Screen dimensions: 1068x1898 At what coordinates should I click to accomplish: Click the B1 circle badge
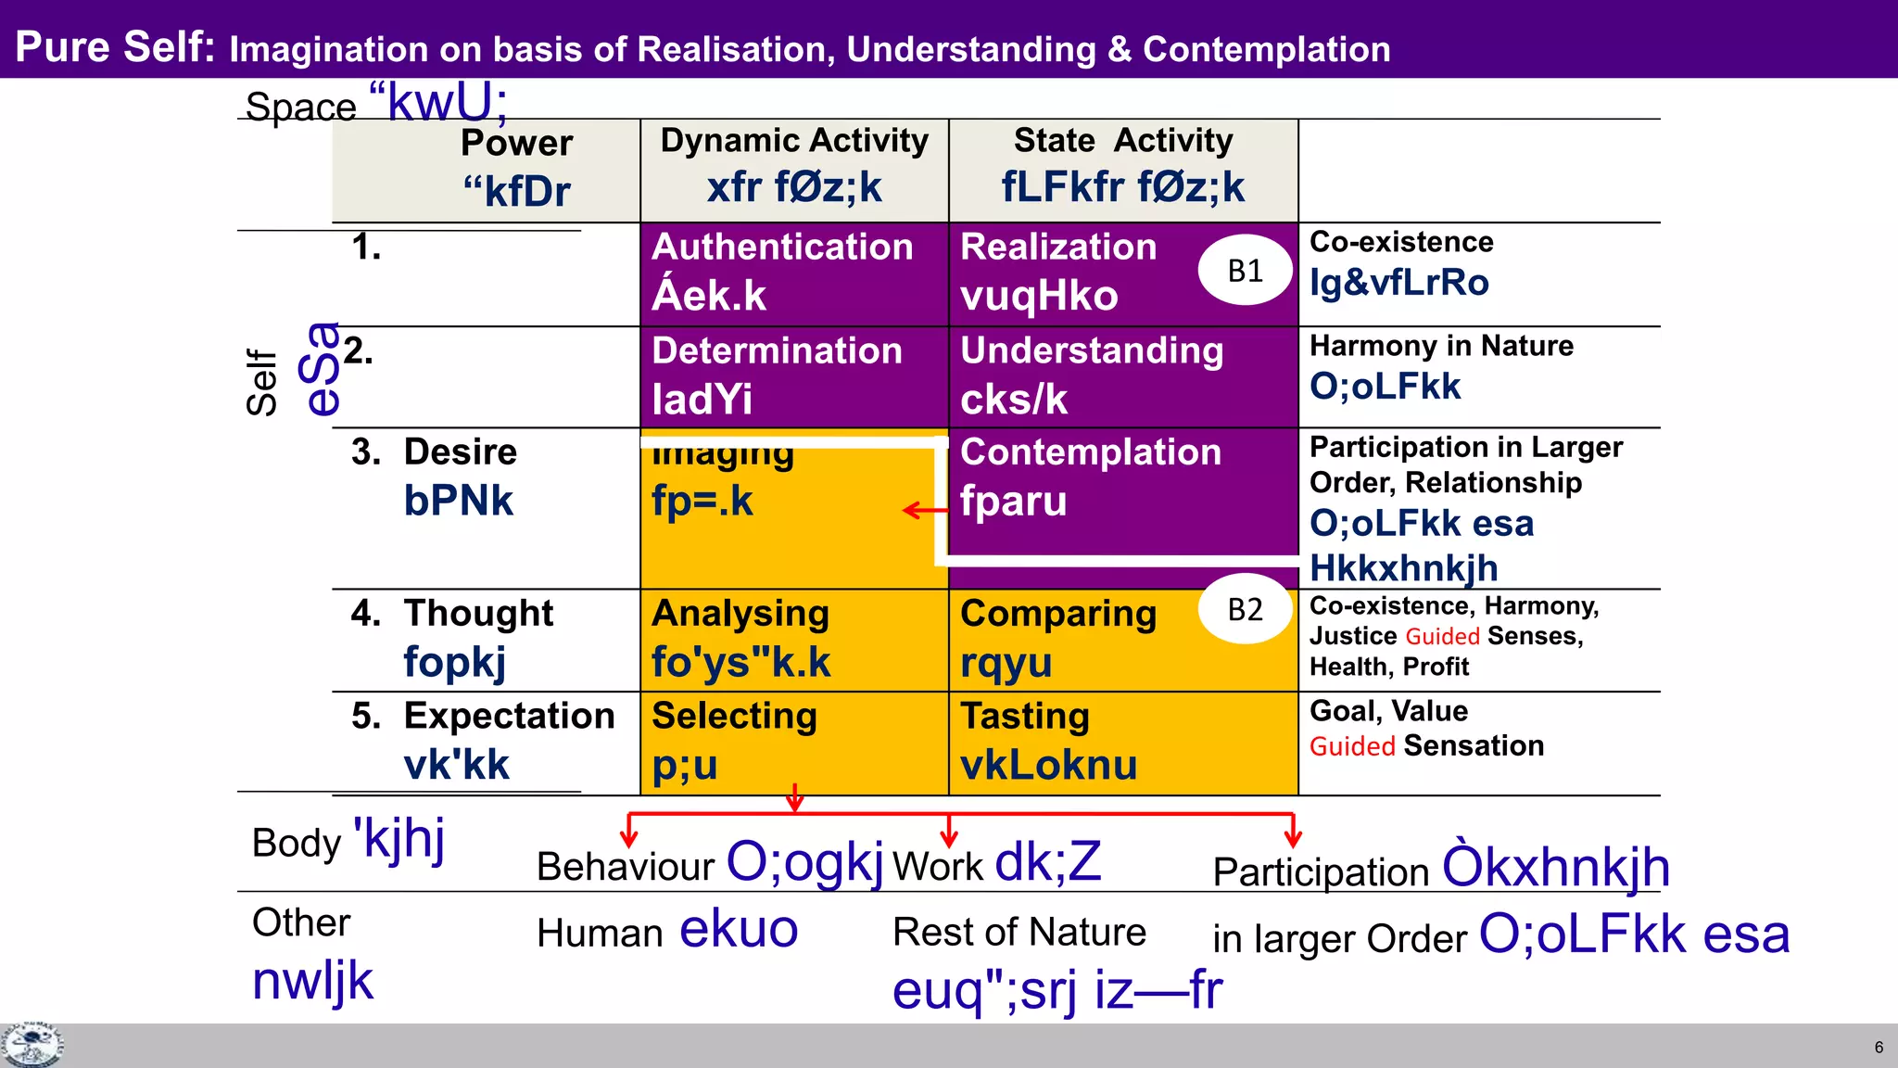(1245, 271)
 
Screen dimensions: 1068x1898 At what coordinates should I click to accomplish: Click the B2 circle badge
(1245, 609)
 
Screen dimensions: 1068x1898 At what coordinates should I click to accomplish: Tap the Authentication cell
(793, 273)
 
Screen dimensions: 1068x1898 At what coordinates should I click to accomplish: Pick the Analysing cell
(793, 639)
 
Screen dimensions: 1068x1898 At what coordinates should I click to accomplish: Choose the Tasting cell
(1121, 742)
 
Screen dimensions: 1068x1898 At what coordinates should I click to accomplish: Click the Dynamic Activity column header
(793, 167)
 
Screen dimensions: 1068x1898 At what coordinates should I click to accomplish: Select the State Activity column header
(1122, 167)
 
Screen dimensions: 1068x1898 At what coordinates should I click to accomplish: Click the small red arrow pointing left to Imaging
(921, 511)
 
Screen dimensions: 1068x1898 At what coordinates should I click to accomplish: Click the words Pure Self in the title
(115, 46)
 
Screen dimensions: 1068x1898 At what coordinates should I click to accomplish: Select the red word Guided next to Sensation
(1351, 747)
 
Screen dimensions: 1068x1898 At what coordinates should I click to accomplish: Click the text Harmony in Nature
(1441, 346)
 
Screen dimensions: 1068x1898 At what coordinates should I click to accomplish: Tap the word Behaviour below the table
(625, 868)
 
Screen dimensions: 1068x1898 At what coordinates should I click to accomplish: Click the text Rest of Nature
(1019, 933)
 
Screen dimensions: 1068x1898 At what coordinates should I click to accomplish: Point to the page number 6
(1879, 1048)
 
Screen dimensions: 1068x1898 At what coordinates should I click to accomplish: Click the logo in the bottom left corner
(32, 1046)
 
